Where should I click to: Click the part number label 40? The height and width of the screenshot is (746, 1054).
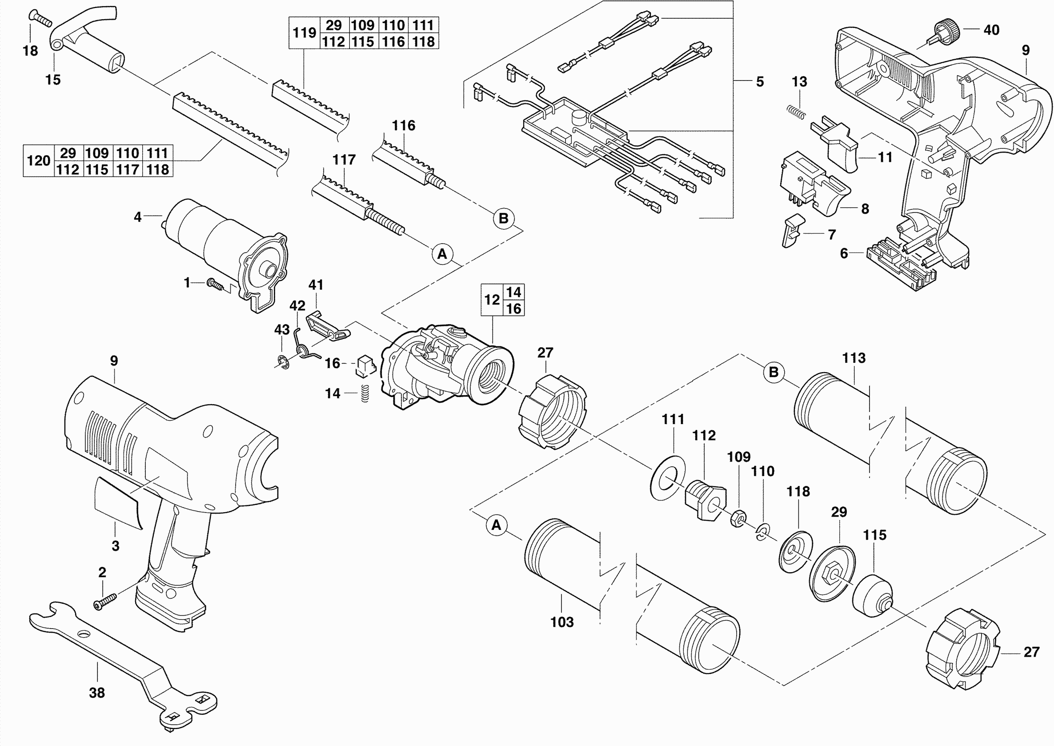click(x=991, y=30)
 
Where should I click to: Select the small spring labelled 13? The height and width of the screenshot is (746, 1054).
click(x=796, y=112)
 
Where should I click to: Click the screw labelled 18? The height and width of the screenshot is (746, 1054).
click(x=40, y=18)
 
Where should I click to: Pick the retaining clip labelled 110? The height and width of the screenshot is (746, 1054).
click(x=762, y=531)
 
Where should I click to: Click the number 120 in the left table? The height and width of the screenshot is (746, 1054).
click(x=39, y=161)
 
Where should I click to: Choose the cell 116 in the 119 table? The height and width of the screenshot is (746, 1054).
click(x=393, y=42)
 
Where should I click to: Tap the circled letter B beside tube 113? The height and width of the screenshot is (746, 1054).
click(x=774, y=372)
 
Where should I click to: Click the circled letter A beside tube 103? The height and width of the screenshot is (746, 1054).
click(x=496, y=525)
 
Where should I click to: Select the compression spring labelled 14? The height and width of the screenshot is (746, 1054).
click(x=365, y=393)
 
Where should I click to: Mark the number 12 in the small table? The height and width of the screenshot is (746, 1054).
click(x=492, y=300)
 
